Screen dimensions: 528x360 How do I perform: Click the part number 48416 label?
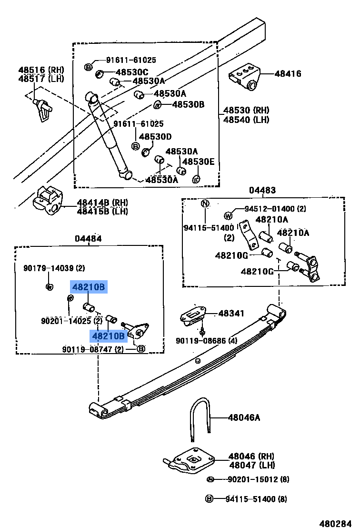[x=288, y=74]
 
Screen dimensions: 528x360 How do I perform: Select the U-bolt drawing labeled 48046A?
[x=200, y=419]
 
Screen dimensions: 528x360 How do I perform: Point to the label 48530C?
[x=132, y=72]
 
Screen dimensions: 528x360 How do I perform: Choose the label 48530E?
[x=199, y=162]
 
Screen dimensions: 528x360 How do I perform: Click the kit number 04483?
[x=262, y=190]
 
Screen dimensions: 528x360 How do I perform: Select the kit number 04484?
[x=88, y=238]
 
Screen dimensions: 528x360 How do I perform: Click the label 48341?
[x=231, y=314]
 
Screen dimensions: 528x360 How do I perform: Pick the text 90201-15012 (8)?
[x=258, y=479]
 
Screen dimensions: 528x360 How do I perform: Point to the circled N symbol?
[x=204, y=204]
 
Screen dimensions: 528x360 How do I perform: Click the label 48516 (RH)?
[x=41, y=70]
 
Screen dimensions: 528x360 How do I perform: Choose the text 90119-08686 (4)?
[x=206, y=341]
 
